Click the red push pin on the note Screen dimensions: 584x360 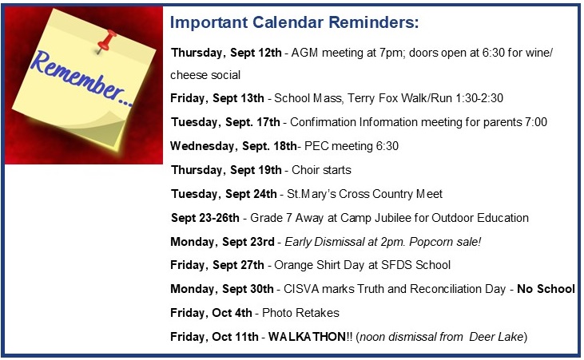[106, 41]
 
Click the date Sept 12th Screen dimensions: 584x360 [256, 53]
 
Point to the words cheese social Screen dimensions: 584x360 [205, 75]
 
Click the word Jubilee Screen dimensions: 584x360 [392, 218]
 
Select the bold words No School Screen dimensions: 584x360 [546, 289]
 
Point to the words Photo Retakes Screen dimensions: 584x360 [300, 313]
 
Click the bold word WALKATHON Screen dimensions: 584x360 [308, 337]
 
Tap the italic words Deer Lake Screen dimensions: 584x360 [496, 337]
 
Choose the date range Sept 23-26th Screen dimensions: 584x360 [205, 218]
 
